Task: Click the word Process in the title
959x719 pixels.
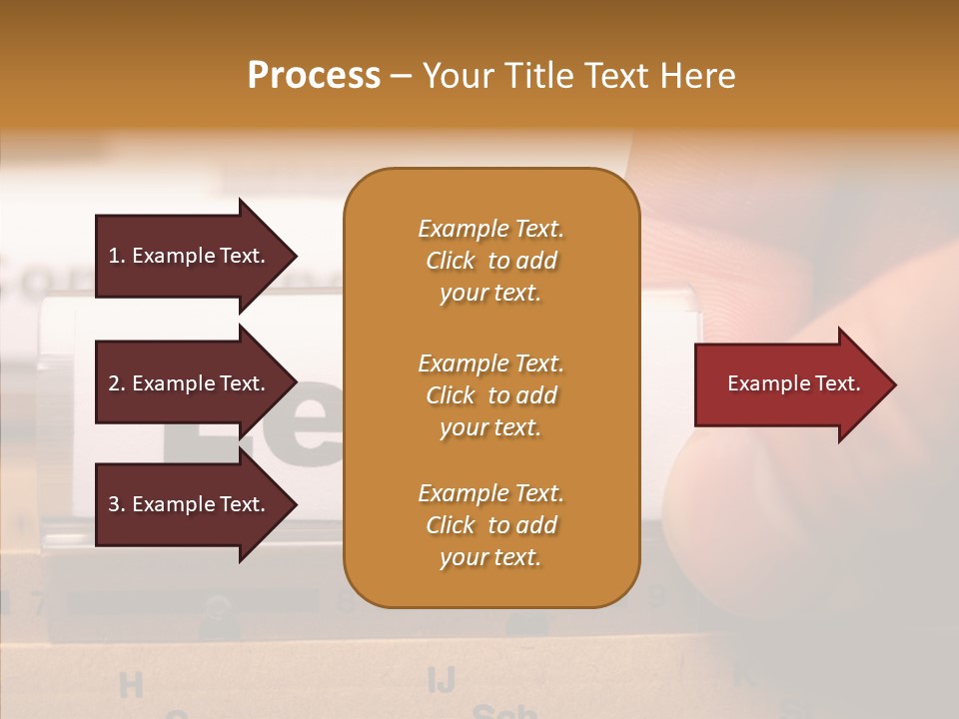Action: point(314,76)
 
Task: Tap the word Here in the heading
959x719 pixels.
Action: point(697,76)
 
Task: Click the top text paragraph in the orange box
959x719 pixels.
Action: point(490,261)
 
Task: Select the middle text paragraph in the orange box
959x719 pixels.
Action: point(490,395)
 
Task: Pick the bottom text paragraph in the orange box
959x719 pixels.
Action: point(490,525)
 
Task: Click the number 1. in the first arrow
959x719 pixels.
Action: point(117,256)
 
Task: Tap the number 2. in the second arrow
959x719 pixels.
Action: point(117,383)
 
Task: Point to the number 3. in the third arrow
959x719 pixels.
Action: point(117,504)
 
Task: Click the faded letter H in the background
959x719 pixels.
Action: point(131,685)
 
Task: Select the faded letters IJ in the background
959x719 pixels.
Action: point(441,680)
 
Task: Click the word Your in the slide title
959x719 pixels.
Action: point(456,76)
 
